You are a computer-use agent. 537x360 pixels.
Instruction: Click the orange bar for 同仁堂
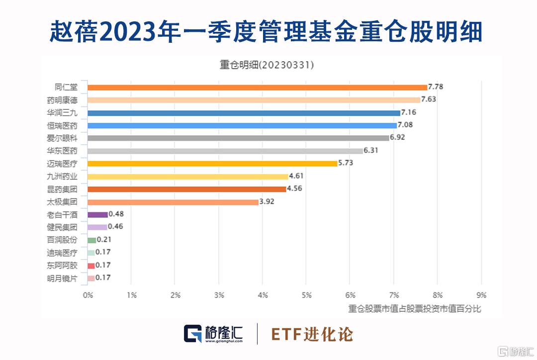click(257, 87)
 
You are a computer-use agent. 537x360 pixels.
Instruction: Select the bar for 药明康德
click(254, 100)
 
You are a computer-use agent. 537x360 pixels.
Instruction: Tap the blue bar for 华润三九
click(244, 113)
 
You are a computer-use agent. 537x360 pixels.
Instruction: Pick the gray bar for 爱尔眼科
click(238, 138)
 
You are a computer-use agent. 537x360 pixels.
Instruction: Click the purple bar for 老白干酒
click(97, 214)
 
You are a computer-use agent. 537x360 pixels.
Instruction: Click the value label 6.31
click(371, 150)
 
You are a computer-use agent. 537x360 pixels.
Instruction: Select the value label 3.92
click(267, 201)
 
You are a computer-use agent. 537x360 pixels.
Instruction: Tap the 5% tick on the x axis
click(306, 295)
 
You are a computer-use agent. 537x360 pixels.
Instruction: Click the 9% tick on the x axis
click(481, 295)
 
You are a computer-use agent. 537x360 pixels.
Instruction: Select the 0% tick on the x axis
click(88, 295)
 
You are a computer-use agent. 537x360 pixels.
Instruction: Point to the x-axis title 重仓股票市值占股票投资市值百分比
click(415, 309)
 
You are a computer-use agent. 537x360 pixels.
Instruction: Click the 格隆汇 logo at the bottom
click(213, 334)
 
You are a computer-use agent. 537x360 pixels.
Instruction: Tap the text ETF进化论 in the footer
click(312, 334)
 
